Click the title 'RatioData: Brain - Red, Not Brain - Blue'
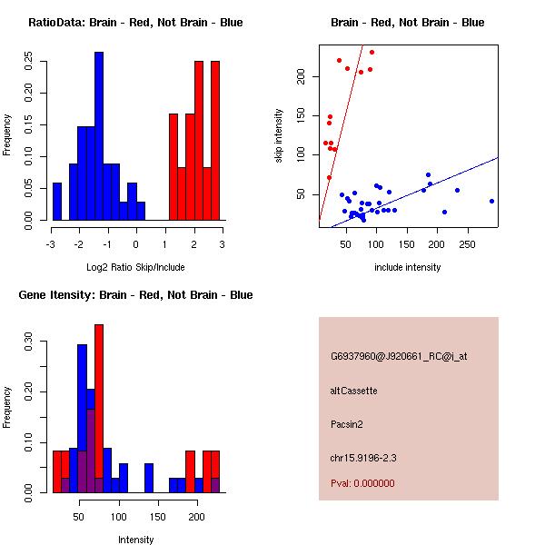coord(135,23)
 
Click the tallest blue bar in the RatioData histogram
coord(99,136)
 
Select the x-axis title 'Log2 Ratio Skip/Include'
coord(135,268)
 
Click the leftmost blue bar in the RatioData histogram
coord(57,201)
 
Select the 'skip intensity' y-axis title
coord(280,136)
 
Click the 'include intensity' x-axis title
coord(408,268)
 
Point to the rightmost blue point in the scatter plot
coord(491,201)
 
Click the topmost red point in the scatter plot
coord(372,52)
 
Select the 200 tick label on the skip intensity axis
coord(302,77)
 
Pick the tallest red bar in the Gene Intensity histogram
coord(99,409)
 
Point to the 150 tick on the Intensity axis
coord(157,516)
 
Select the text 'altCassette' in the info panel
coord(354,391)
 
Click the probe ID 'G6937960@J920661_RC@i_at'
coord(399,357)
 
